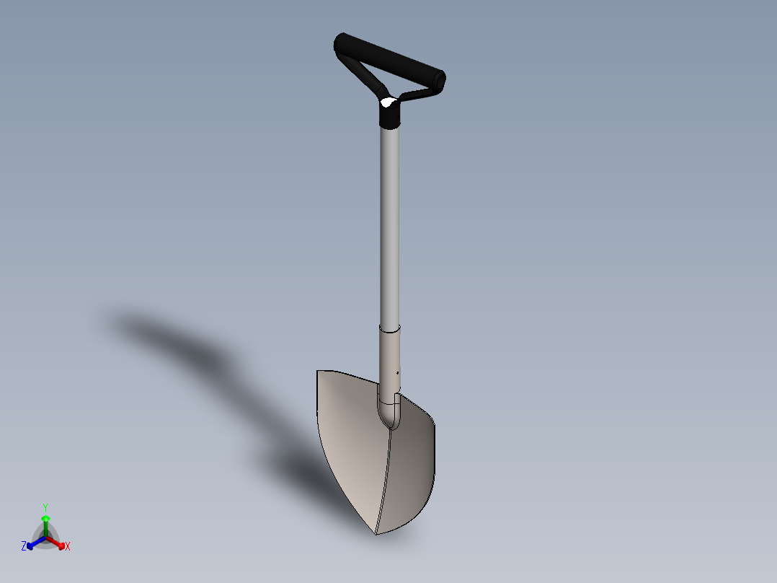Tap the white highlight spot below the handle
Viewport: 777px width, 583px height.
pos(388,102)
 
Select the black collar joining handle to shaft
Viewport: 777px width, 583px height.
pos(389,117)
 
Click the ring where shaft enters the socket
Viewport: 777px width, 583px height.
pos(389,328)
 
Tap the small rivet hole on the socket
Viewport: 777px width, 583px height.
pos(397,372)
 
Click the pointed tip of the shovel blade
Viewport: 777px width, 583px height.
pos(376,535)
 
